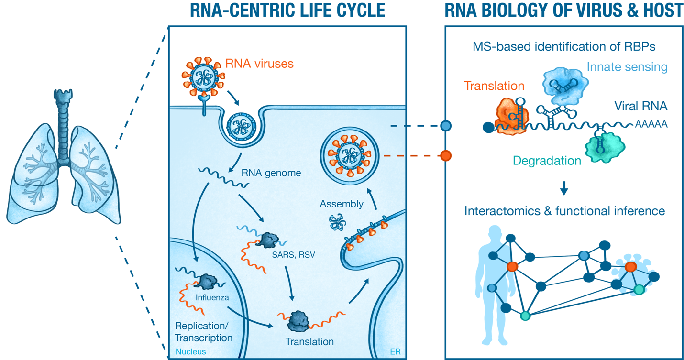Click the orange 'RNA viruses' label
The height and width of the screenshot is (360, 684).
[259, 64]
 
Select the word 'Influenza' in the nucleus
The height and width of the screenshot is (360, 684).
[212, 297]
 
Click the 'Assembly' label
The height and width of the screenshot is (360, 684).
[342, 204]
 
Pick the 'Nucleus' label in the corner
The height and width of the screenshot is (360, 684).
[190, 351]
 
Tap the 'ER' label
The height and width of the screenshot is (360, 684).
[395, 352]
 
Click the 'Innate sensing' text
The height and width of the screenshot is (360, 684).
[627, 66]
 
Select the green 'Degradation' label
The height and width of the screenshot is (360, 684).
[547, 161]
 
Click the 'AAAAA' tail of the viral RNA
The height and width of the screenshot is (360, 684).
[651, 125]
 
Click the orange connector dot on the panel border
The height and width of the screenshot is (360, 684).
[446, 155]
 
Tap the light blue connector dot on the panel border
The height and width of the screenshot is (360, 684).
[446, 126]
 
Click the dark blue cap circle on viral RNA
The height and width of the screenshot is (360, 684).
[487, 127]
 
